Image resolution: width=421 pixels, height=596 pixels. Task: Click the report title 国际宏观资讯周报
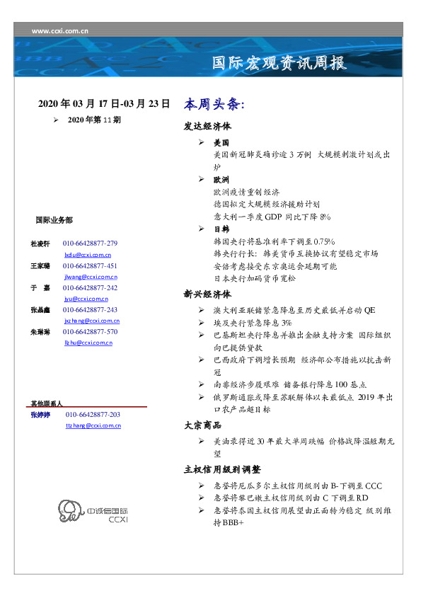(x=279, y=63)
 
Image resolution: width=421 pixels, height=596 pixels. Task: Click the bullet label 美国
(x=221, y=143)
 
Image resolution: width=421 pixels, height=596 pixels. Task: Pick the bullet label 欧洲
(x=221, y=180)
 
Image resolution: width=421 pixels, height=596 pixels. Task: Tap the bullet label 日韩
(x=221, y=229)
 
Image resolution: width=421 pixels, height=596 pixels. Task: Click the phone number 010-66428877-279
(x=90, y=243)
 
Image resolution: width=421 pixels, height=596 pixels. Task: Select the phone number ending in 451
(x=90, y=265)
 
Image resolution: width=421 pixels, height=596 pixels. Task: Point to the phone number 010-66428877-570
(x=90, y=331)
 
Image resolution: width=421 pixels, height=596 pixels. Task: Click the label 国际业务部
(x=54, y=220)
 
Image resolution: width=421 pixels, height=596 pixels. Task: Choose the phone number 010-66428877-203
(x=93, y=414)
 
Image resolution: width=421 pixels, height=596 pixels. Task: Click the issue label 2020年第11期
(x=94, y=120)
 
